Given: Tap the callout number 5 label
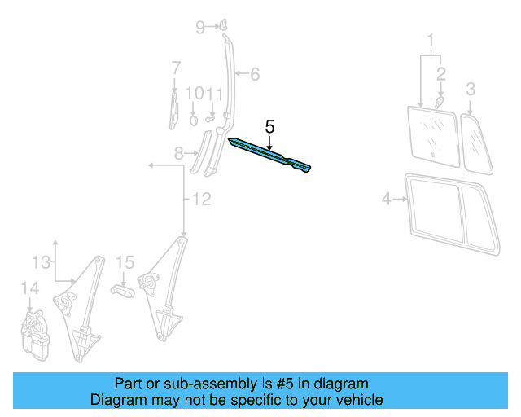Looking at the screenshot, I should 269,127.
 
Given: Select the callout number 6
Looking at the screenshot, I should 254,75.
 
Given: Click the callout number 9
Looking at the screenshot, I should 200,28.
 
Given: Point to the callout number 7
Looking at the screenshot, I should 175,67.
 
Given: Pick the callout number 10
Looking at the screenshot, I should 193,94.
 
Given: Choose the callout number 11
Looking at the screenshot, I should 213,94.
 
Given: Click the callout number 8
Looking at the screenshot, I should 179,152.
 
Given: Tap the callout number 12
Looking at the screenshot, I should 200,199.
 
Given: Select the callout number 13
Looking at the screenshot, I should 41,261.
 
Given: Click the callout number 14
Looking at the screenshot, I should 29,288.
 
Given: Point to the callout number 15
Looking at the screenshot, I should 124,262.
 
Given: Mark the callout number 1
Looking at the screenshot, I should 431,38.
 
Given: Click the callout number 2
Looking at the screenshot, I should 440,74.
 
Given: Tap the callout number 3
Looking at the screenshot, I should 470,88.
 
